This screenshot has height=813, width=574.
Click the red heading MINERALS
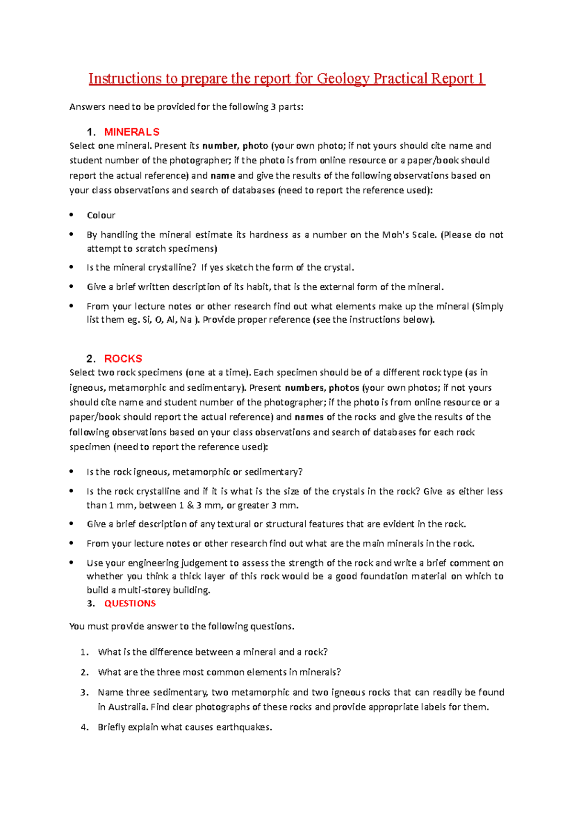point(132,132)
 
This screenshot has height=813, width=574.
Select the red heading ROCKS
point(123,359)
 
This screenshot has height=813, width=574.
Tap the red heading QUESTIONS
point(130,603)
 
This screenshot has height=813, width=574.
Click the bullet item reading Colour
point(101,215)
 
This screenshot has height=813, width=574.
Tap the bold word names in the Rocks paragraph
point(309,417)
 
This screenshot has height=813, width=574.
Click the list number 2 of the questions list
point(84,672)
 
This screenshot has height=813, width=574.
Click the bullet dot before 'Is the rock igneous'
point(72,472)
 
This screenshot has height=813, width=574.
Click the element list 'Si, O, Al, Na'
point(167,320)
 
